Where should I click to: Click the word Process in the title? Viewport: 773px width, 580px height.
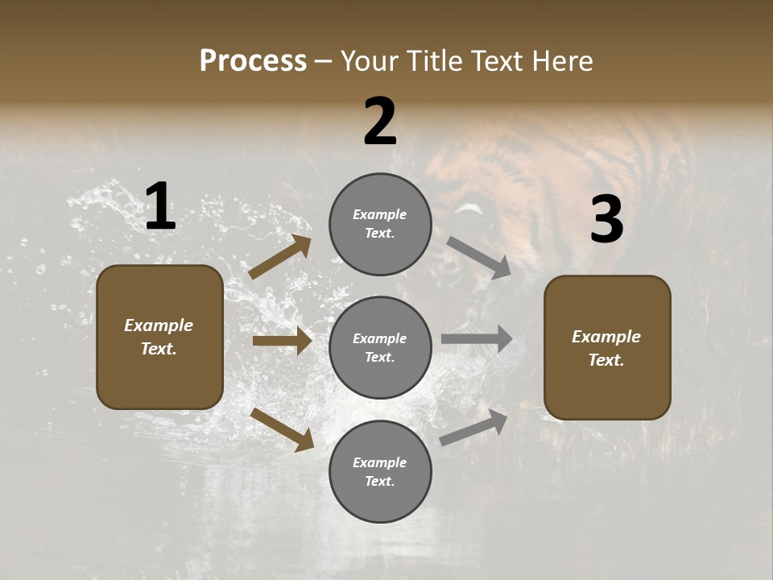[x=253, y=61]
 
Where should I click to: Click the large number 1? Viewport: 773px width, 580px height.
[x=160, y=207]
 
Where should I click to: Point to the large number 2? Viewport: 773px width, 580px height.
[x=380, y=122]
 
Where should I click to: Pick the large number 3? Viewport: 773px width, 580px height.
[x=606, y=220]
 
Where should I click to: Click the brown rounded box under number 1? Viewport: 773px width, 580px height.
[x=159, y=337]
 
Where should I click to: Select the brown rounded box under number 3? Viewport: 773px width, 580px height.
[x=607, y=347]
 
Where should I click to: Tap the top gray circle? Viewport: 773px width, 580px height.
[x=380, y=224]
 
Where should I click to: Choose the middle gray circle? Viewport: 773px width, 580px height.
[x=380, y=347]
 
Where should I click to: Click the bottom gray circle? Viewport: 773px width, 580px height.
[x=380, y=471]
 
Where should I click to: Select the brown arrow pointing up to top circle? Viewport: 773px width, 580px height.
[x=280, y=257]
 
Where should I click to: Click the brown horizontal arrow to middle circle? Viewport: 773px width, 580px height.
[x=282, y=341]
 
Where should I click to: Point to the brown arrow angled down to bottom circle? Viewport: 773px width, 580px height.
[x=283, y=429]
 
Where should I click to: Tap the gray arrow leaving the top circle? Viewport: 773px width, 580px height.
[x=478, y=258]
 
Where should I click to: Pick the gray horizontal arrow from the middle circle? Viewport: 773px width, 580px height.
[x=477, y=339]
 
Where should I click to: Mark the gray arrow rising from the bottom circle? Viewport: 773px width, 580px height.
[x=473, y=428]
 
